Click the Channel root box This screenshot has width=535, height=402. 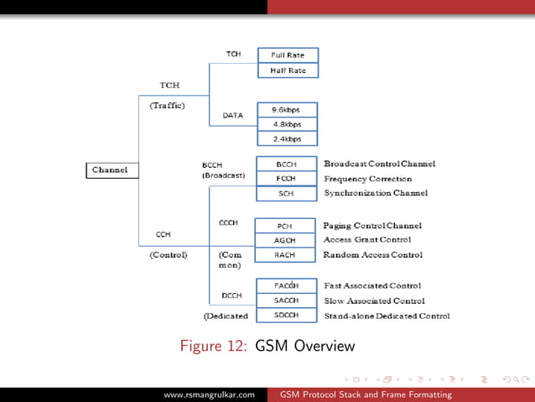point(111,170)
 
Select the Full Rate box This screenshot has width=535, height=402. point(288,55)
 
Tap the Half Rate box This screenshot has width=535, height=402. point(288,70)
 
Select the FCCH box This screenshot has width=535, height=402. point(286,179)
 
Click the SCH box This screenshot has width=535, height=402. point(286,194)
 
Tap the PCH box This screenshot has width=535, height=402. point(285,226)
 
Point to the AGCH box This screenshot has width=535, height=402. point(285,241)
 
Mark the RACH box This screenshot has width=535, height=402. point(285,255)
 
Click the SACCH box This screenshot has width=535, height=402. point(285,300)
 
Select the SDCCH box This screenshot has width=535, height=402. point(285,316)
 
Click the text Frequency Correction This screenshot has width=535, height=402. point(367,179)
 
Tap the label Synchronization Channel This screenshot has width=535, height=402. point(375,193)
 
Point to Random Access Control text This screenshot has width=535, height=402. point(372,255)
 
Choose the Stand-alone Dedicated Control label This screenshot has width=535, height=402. point(386,316)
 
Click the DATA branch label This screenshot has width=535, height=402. point(232,115)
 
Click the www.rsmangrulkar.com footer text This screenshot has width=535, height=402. point(209,394)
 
